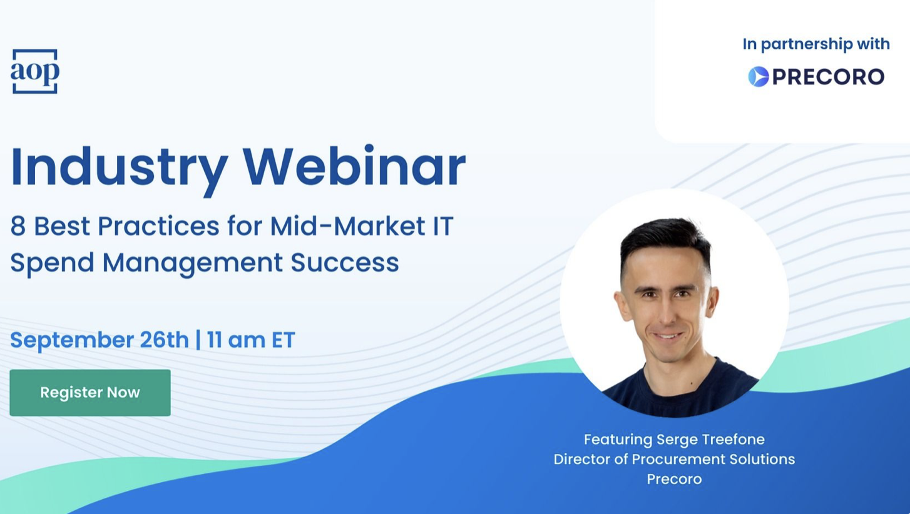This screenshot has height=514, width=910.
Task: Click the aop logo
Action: point(35,71)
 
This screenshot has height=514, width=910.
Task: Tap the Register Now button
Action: point(90,393)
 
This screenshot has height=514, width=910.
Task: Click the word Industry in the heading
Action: point(120,168)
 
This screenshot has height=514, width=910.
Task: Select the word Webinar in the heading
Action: point(354,166)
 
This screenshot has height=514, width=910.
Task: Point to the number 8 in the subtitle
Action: point(18,226)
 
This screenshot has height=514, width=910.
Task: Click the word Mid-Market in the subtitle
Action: point(348,226)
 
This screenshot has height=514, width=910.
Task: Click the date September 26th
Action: point(100,340)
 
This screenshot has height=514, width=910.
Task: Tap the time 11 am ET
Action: point(250,340)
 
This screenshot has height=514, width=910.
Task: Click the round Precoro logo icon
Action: point(759,77)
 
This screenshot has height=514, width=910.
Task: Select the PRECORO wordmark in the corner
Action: point(827,77)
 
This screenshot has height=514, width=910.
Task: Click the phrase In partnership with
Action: point(816,44)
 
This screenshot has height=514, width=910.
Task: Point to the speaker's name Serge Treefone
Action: point(710,440)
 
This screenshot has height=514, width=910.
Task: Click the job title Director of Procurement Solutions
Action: point(675,459)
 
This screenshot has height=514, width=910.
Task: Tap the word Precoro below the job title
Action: point(675,479)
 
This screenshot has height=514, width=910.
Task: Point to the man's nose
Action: point(667,312)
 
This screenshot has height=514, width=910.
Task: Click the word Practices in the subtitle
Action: point(159,226)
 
